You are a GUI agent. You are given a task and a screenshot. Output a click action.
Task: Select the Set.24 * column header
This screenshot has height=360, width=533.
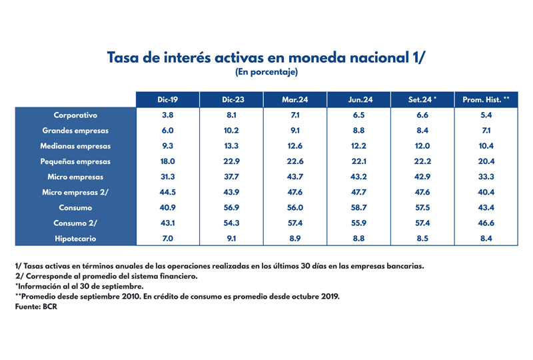[x=422, y=99]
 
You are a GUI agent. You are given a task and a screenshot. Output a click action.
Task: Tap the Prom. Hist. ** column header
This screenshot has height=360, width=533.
[x=486, y=99]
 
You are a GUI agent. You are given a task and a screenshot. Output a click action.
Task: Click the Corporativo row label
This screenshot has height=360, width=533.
[x=76, y=115]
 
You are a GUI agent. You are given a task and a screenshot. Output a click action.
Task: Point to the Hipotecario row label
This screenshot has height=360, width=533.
[x=76, y=238]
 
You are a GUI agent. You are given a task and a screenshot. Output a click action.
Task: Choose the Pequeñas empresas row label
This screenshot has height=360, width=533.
[x=76, y=161]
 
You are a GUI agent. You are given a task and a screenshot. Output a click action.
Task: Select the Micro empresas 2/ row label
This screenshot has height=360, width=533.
[x=76, y=192]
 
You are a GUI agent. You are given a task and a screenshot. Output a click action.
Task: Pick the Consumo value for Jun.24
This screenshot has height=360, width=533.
[x=360, y=207]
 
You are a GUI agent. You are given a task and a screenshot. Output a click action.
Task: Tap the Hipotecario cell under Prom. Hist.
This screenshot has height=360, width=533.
[x=486, y=238]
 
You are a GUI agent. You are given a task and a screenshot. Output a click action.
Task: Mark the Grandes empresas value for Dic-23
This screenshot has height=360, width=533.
[x=232, y=131]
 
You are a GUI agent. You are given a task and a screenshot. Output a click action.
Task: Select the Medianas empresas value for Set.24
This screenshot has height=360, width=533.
[x=422, y=146]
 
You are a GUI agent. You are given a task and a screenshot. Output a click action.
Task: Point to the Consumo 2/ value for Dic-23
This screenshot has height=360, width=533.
[x=232, y=223]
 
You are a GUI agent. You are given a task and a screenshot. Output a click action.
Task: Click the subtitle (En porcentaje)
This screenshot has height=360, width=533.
[x=266, y=71]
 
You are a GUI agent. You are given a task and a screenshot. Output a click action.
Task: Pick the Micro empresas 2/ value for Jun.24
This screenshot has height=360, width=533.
[x=360, y=192]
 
